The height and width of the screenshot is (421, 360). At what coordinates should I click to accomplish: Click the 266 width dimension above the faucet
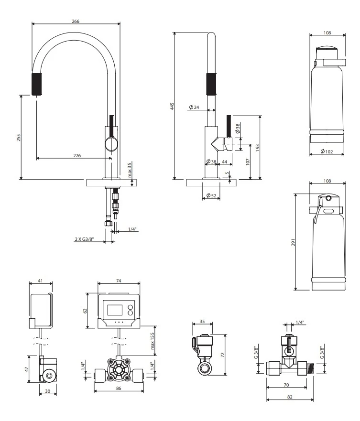point(76,21)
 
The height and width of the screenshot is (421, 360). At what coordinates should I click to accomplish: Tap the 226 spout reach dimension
point(77,155)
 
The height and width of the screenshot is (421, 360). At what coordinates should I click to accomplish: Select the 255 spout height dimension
point(19,138)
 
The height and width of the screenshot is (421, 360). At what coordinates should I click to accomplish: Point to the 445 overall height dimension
point(172,106)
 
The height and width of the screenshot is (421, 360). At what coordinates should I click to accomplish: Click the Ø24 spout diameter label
point(194,107)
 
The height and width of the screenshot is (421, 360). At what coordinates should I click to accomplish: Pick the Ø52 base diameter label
point(211,195)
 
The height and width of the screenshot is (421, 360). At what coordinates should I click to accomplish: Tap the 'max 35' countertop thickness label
point(130,170)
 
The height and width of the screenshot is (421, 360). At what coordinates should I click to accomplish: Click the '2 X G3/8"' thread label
point(84,238)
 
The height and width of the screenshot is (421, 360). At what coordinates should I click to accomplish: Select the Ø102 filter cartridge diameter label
point(327,151)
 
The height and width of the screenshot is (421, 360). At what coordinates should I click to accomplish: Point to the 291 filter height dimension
point(294,242)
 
